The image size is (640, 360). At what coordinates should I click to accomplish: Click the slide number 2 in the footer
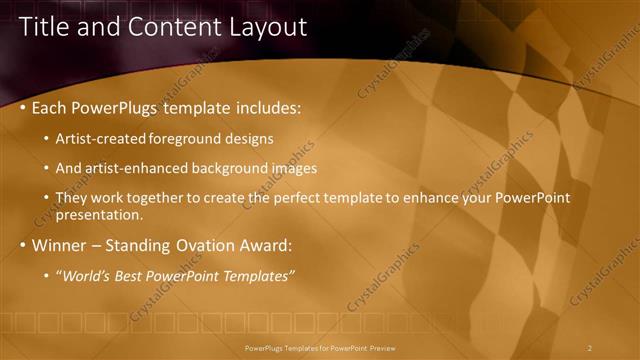(590, 347)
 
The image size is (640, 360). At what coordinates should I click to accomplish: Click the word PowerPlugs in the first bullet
(119, 107)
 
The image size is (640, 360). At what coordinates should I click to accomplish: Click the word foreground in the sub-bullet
(184, 138)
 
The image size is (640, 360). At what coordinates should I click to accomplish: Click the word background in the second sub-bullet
(233, 168)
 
